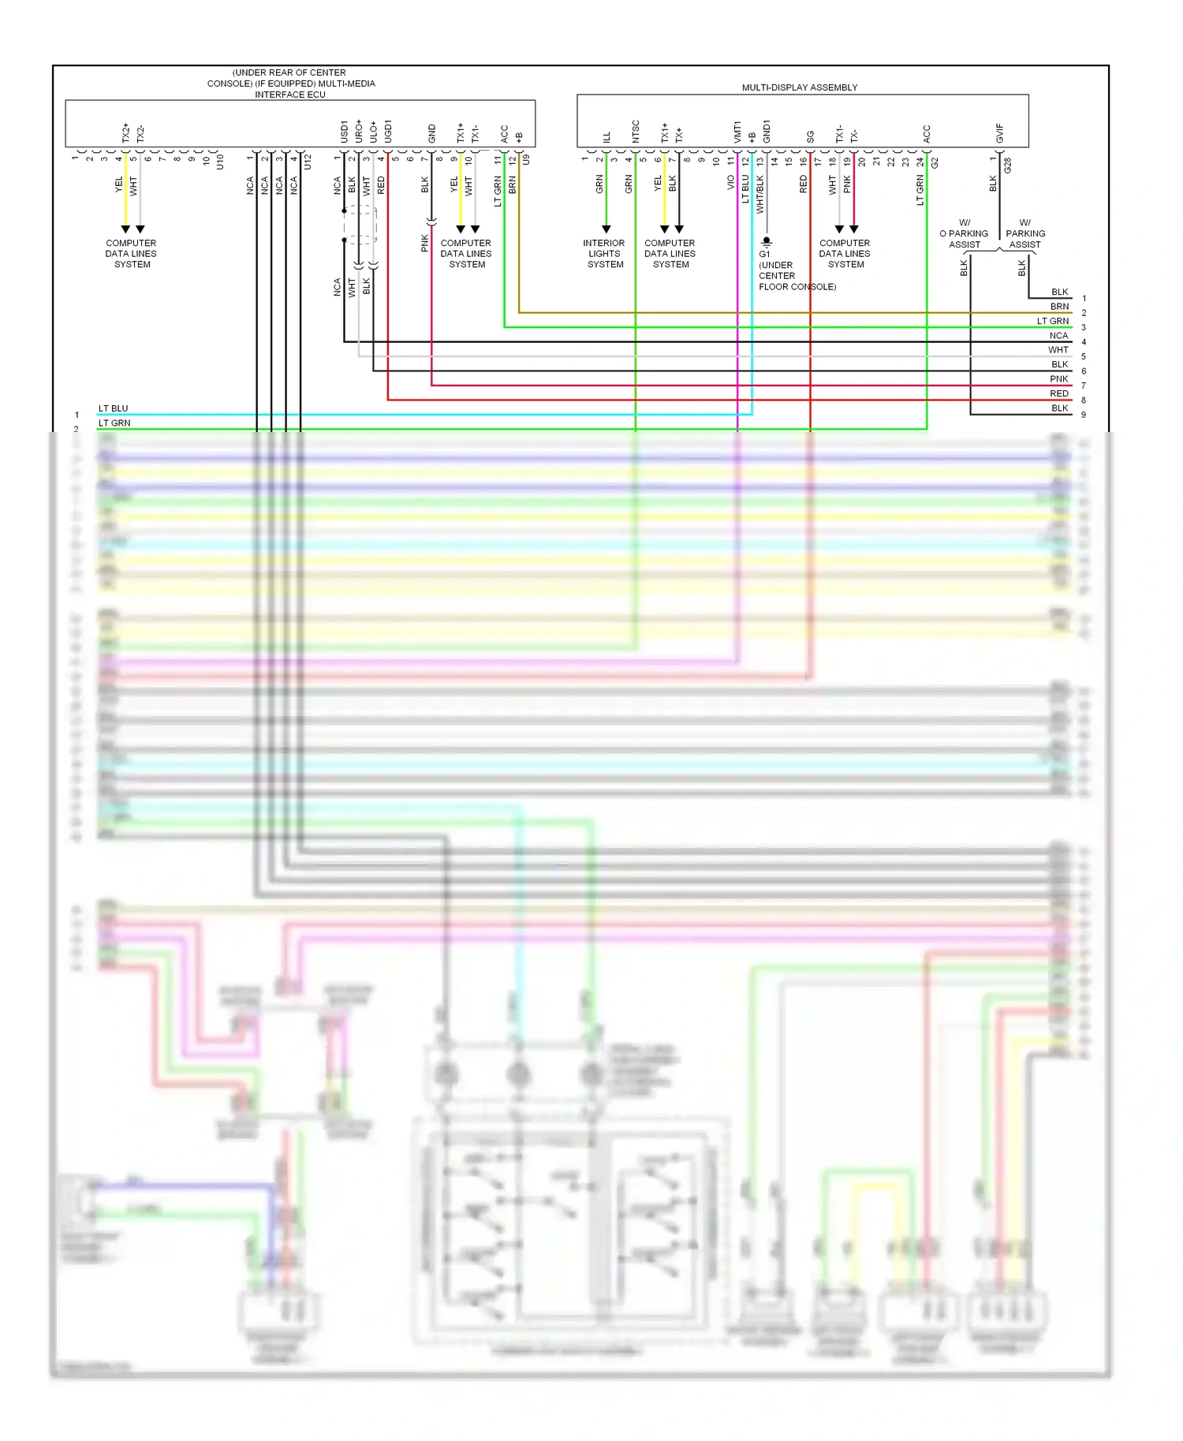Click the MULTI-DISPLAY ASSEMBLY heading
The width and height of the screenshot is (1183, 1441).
click(799, 88)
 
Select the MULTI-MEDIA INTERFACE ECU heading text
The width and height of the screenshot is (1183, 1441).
click(290, 84)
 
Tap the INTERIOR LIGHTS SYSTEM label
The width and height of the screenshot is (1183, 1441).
click(605, 254)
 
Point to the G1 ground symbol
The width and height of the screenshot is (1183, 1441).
click(766, 242)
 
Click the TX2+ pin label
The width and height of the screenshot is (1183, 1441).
click(125, 132)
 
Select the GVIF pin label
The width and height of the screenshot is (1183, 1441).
click(999, 132)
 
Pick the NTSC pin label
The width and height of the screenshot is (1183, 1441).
click(635, 131)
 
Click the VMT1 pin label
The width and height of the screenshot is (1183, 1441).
click(737, 132)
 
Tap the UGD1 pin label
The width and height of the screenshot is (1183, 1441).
click(387, 131)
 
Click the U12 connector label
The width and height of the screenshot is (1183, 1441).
click(308, 162)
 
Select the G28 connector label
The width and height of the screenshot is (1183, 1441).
click(1007, 166)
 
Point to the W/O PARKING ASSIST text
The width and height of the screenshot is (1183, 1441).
click(964, 234)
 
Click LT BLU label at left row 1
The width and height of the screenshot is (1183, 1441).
click(113, 408)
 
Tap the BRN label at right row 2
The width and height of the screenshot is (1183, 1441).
click(1059, 307)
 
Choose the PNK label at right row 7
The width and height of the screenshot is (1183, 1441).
click(1058, 379)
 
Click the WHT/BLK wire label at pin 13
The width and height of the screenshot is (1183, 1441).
click(760, 194)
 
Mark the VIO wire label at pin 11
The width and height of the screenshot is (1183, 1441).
click(730, 182)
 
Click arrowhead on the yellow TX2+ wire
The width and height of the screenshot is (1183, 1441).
click(125, 229)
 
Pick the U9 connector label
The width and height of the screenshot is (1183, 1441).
click(526, 159)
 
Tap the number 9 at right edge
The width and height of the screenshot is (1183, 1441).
click(1084, 415)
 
